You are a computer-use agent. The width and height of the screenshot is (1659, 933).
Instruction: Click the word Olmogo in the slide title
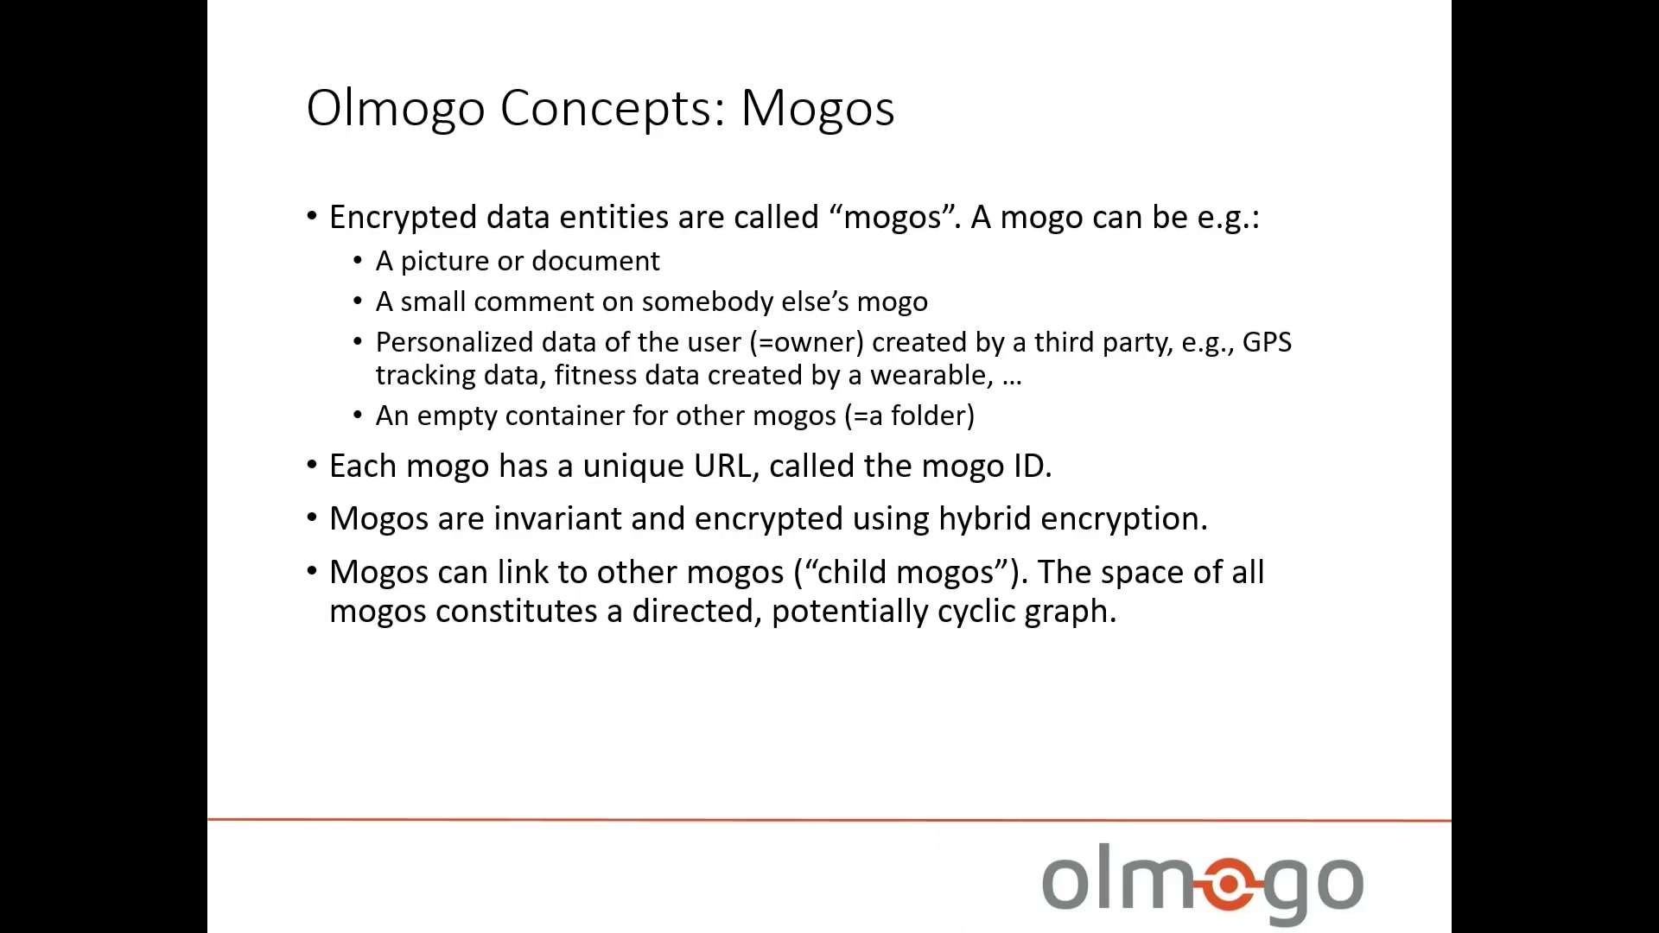coord(396,110)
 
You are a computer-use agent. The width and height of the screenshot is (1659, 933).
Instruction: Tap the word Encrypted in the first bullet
coord(403,218)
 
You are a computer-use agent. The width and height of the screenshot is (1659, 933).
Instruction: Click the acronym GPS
coord(1267,342)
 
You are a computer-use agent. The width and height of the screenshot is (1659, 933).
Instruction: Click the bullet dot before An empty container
coord(359,416)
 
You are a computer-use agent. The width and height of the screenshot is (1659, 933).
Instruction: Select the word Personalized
coord(454,343)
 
